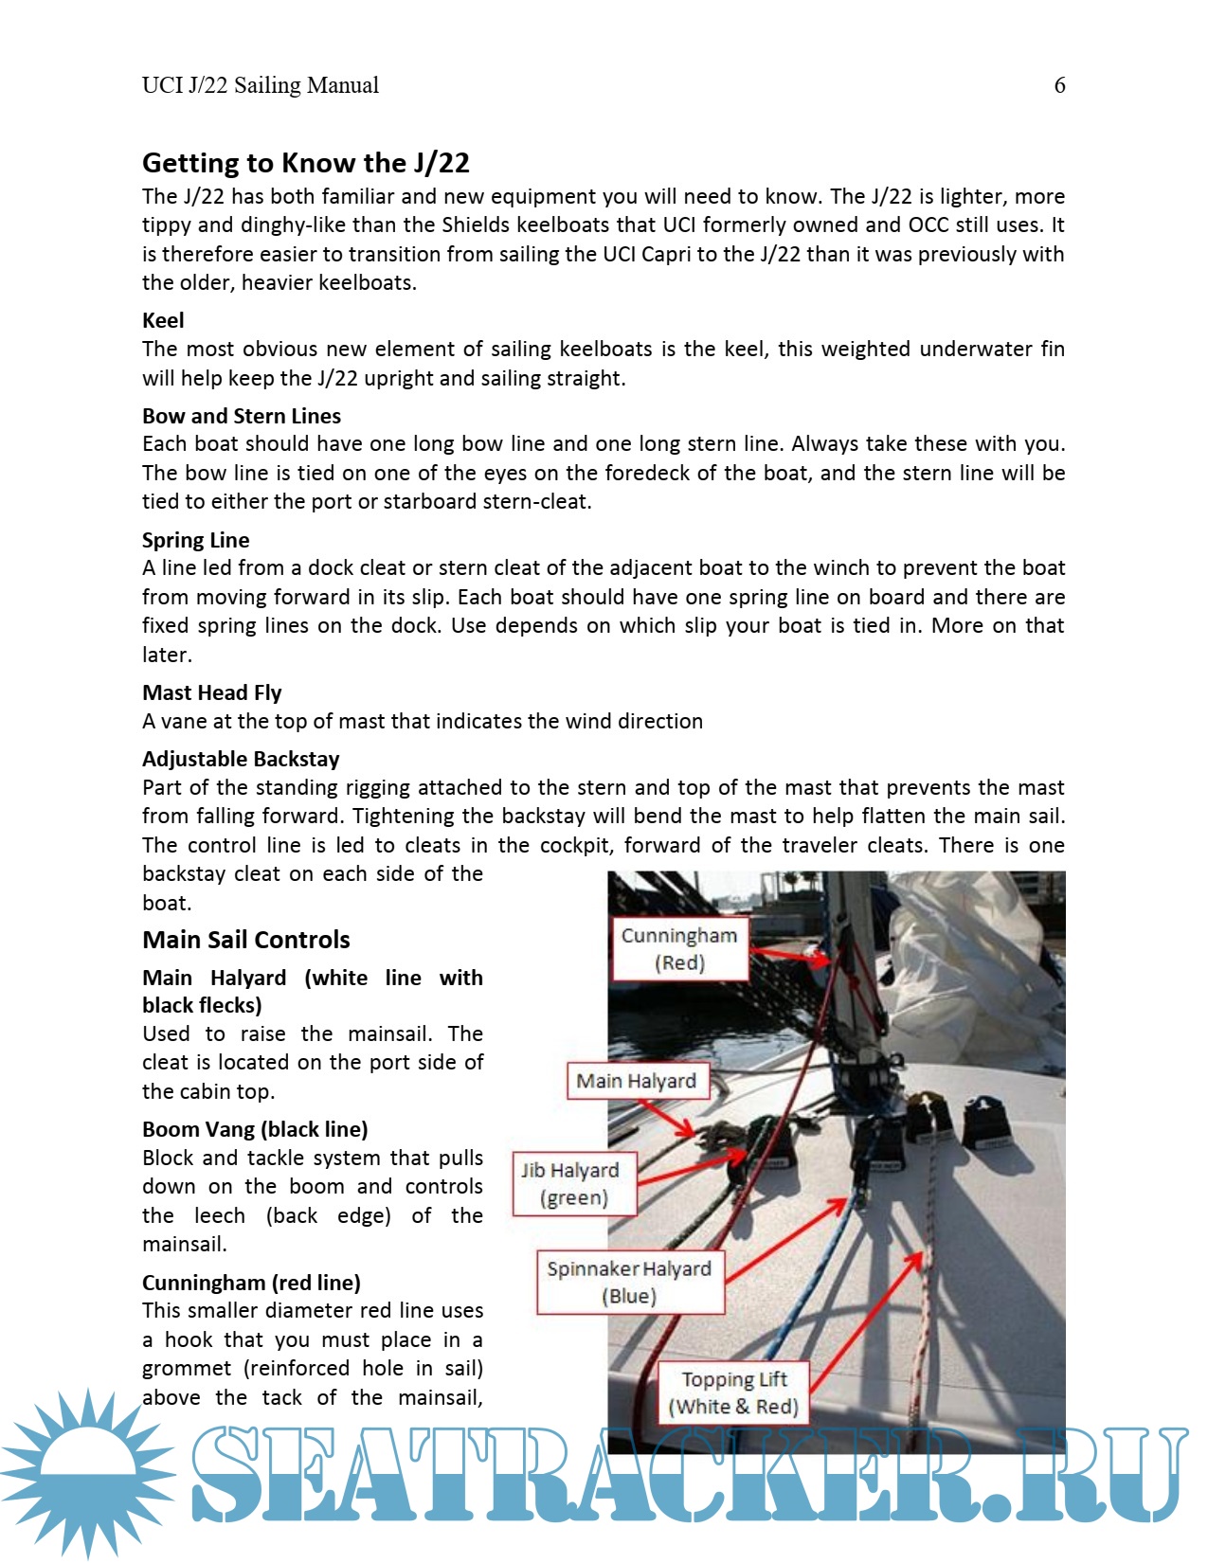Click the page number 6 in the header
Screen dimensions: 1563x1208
point(1059,85)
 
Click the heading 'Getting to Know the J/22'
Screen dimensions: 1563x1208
point(305,163)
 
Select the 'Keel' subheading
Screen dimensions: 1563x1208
point(163,320)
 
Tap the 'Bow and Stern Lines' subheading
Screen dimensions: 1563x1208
point(241,416)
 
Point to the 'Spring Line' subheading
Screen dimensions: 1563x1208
point(195,540)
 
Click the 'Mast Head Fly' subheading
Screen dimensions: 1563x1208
point(211,692)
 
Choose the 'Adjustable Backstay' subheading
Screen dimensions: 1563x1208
point(240,759)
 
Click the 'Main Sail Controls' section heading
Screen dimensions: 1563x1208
point(245,940)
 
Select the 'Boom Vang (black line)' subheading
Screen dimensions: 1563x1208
point(254,1129)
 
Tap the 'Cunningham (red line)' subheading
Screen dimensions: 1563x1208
point(250,1283)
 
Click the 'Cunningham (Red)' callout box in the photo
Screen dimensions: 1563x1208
point(679,948)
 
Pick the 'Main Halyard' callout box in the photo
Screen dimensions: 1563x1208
point(637,1081)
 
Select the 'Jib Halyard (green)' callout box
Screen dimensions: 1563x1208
point(574,1183)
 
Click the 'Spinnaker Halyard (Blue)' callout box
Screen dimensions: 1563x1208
point(629,1282)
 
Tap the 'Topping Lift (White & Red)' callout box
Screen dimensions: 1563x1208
point(734,1392)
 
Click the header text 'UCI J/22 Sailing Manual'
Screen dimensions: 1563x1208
point(260,85)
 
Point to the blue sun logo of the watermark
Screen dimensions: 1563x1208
point(87,1473)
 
